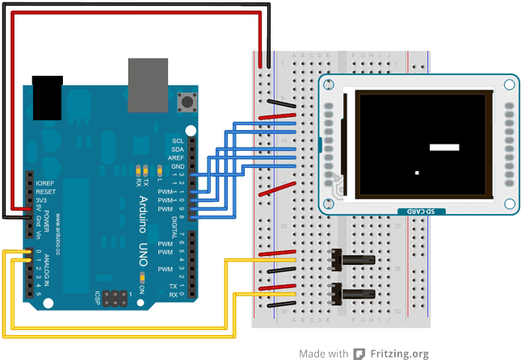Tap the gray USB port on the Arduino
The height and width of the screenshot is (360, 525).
coord(147,76)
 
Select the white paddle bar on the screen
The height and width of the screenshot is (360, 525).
coord(444,147)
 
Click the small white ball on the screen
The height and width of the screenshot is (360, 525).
coord(417,173)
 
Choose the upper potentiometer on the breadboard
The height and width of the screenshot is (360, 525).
coord(353,260)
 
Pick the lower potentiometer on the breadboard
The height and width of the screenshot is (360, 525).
coord(353,295)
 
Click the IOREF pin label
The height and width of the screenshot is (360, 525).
coord(45,183)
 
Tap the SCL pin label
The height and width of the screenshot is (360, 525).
coord(178,140)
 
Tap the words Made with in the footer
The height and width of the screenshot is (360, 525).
coord(322,354)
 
